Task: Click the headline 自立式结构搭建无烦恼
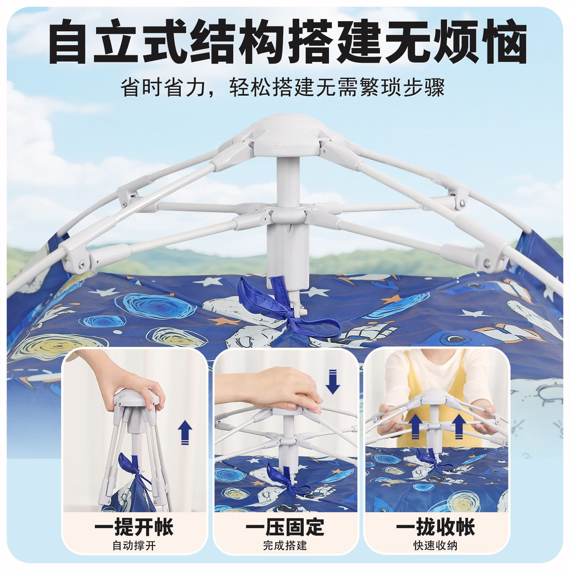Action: pyautogui.click(x=287, y=42)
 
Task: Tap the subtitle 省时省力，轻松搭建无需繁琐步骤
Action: pyautogui.click(x=283, y=87)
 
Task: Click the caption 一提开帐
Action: pyautogui.click(x=134, y=527)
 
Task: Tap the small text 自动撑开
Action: pyautogui.click(x=134, y=546)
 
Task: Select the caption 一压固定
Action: pyautogui.click(x=285, y=527)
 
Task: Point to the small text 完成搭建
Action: pyautogui.click(x=285, y=546)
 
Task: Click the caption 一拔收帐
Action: pyautogui.click(x=436, y=527)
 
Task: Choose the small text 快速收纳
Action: pyautogui.click(x=436, y=546)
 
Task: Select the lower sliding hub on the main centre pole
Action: pyautogui.click(x=288, y=214)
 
